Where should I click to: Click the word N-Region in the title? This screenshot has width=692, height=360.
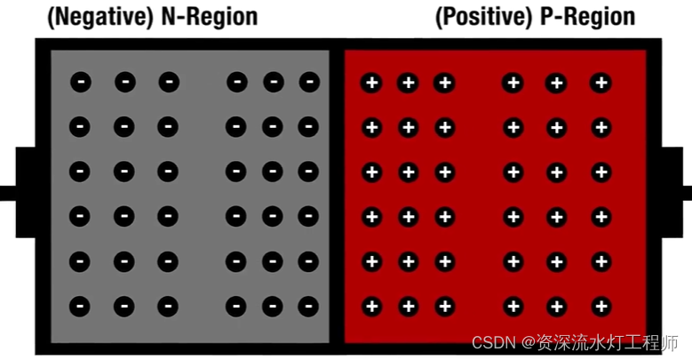coord(210,17)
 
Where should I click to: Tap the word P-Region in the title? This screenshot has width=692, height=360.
coord(587,17)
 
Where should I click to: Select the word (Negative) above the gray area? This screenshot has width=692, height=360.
coord(99,17)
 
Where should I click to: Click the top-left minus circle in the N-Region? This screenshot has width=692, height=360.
coord(80,83)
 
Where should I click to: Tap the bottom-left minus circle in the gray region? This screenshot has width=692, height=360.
coord(80,307)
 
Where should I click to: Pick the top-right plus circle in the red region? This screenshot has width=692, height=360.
coord(601,83)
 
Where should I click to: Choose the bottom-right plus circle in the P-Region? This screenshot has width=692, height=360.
coord(601,307)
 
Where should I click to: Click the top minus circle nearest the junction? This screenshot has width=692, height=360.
coord(309,83)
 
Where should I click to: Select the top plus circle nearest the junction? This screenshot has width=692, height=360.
coord(371,83)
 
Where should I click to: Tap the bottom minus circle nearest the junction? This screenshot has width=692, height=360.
coord(309,307)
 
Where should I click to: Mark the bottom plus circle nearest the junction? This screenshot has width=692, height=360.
coord(371,307)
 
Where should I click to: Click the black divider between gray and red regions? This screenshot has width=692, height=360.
coord(337,196)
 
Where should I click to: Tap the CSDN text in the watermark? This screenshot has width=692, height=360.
coord(489,343)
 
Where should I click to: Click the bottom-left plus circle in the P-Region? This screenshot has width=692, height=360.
coord(371,307)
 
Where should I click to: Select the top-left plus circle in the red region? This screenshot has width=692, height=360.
coord(371,83)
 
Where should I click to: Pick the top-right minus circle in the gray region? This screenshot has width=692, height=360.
coord(309,83)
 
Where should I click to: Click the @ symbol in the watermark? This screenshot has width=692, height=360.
coord(529,343)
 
